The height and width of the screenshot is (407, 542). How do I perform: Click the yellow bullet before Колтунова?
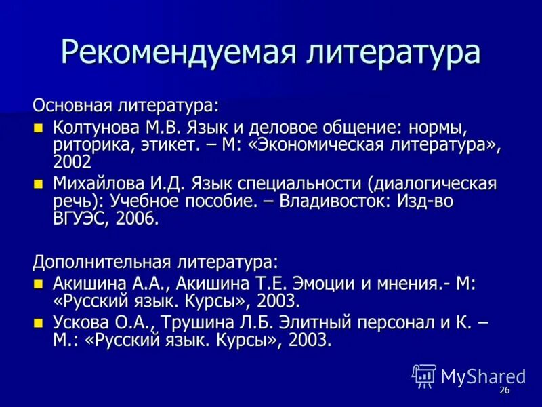pyautogui.click(x=39, y=127)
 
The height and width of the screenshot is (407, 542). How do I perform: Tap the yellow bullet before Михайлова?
pyautogui.click(x=39, y=183)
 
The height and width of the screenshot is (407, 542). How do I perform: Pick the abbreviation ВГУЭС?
pyautogui.click(x=80, y=219)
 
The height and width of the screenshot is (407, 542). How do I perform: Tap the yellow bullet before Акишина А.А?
pyautogui.click(x=39, y=284)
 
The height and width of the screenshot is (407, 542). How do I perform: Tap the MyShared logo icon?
pyautogui.click(x=424, y=376)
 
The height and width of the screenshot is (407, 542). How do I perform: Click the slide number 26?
pyautogui.click(x=504, y=391)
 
